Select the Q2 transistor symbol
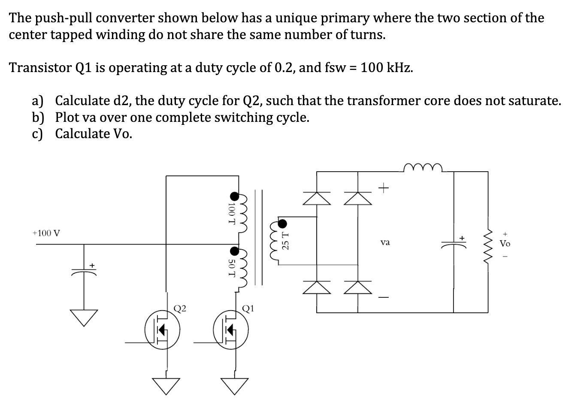pyautogui.click(x=162, y=329)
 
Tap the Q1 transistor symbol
pyautogui.click(x=231, y=329)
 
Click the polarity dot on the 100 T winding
pyautogui.click(x=234, y=196)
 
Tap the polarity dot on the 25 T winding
pyautogui.click(x=283, y=224)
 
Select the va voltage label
pyautogui.click(x=385, y=243)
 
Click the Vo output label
pyautogui.click(x=505, y=244)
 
